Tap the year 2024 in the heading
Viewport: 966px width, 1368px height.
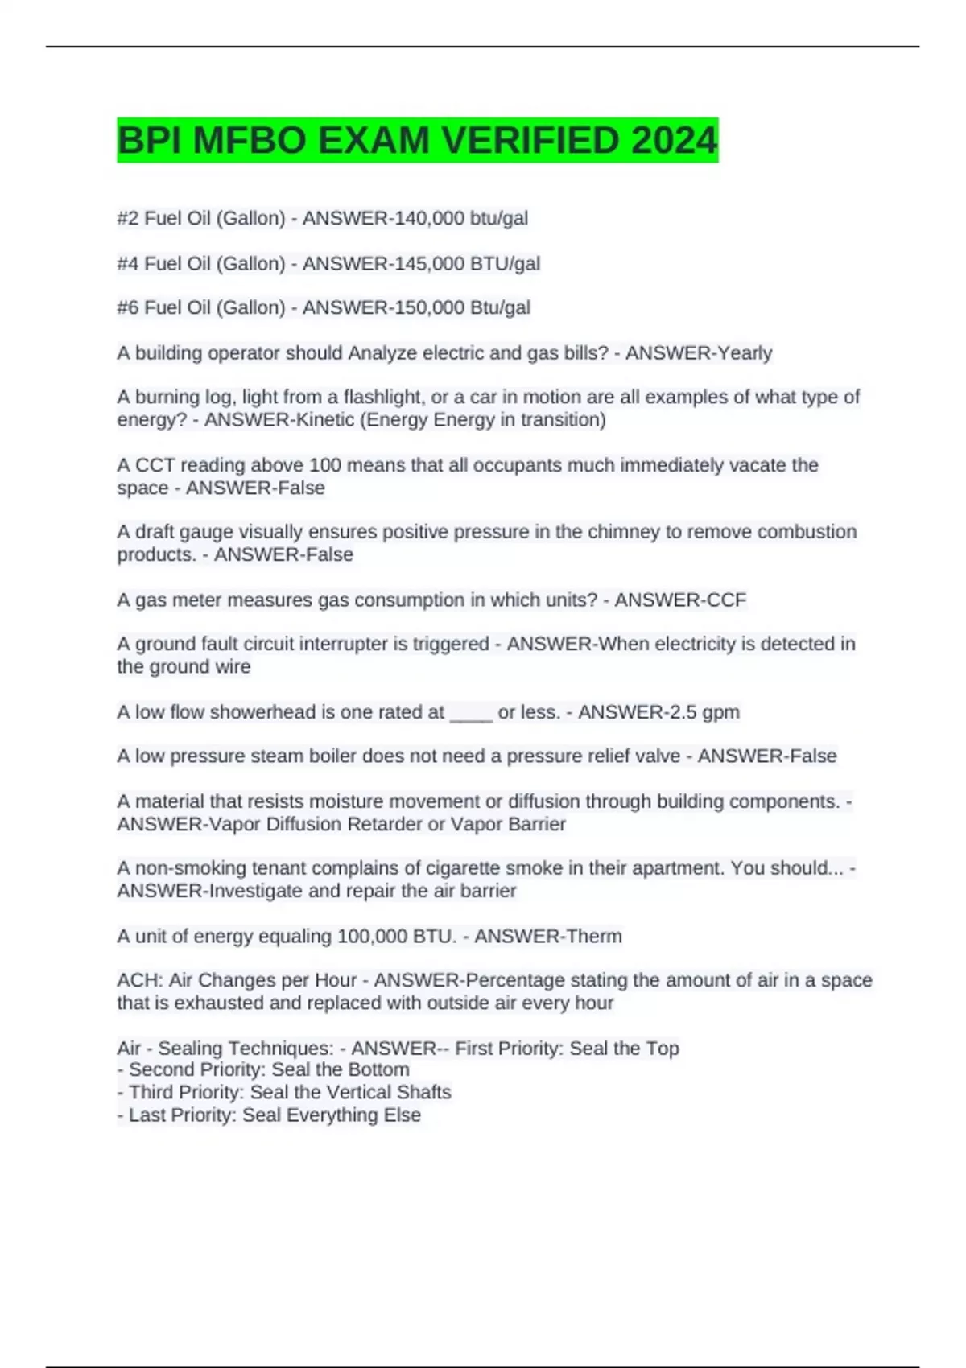click(674, 141)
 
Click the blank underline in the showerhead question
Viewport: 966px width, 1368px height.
click(471, 713)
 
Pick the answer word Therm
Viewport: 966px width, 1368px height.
click(594, 936)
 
